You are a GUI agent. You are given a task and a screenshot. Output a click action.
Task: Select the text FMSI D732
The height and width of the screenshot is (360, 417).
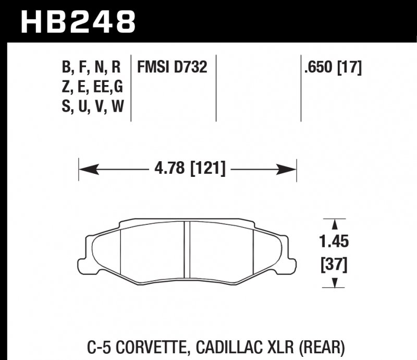(x=172, y=67)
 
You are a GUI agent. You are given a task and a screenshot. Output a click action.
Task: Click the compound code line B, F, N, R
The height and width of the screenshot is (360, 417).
(x=91, y=67)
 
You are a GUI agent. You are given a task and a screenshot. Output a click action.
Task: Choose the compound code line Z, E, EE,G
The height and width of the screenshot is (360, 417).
(x=91, y=87)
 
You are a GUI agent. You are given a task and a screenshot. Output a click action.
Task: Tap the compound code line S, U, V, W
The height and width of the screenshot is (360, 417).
(x=91, y=107)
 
